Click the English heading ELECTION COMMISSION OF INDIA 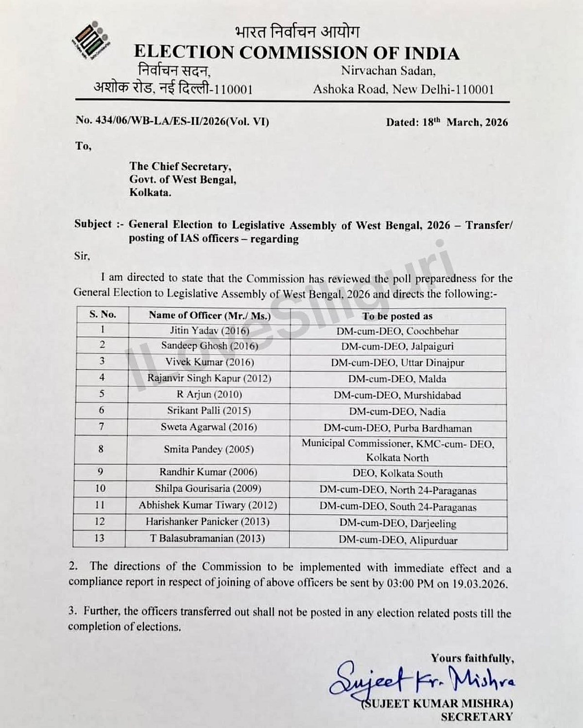tap(296, 52)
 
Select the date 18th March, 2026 tap(447, 122)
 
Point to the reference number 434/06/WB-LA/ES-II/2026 tap(172, 121)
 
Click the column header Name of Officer tap(209, 315)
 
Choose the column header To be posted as tap(397, 316)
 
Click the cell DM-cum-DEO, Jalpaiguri tap(398, 347)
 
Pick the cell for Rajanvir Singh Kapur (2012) tap(209, 378)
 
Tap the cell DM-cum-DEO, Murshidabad tap(397, 395)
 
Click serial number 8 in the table tap(101, 449)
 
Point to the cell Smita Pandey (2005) tap(208, 449)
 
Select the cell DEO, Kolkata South tap(397, 473)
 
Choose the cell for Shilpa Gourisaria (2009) tap(208, 488)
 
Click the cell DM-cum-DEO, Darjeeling tap(397, 523)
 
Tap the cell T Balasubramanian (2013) tap(208, 538)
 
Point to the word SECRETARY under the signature tap(477, 716)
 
